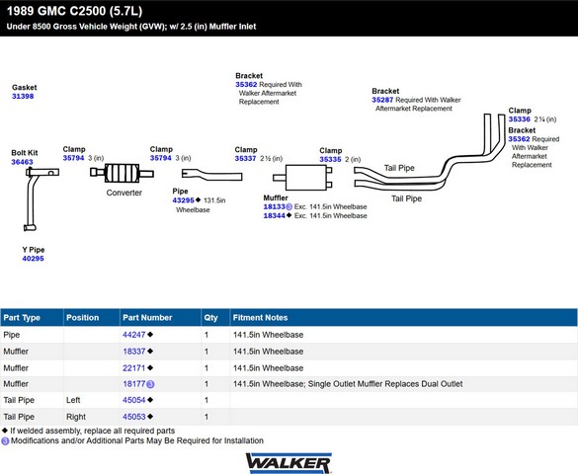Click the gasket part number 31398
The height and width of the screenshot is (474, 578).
click(23, 96)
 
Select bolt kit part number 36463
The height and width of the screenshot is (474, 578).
click(22, 162)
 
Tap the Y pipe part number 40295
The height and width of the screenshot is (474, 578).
click(33, 259)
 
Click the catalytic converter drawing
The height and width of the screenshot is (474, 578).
click(122, 173)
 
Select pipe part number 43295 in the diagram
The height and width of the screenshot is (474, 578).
click(183, 200)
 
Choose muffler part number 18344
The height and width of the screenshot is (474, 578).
click(275, 216)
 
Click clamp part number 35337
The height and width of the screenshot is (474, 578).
click(245, 158)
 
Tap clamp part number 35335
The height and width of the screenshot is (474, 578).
click(330, 159)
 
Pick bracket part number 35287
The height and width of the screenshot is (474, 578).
click(382, 100)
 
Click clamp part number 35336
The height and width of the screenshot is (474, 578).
click(519, 118)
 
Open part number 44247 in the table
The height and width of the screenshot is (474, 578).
click(134, 335)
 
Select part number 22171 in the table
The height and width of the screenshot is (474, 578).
click(134, 368)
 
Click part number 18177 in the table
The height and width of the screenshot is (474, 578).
click(134, 384)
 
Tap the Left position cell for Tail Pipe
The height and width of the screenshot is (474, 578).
click(73, 400)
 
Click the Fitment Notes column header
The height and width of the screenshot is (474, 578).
click(260, 317)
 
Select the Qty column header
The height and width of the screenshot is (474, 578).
click(210, 317)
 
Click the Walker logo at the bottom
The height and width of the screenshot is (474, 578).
click(289, 463)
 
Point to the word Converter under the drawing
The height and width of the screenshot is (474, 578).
click(124, 193)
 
